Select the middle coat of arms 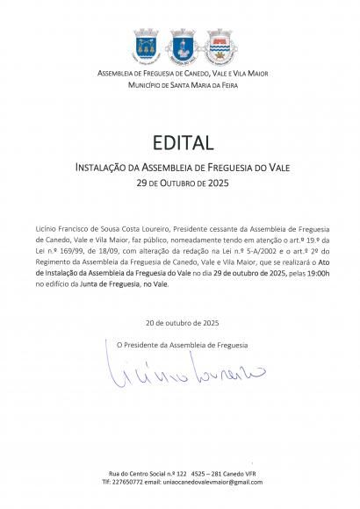[x=179, y=43]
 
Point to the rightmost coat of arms [x=216, y=43]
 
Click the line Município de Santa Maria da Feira [x=179, y=83]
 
